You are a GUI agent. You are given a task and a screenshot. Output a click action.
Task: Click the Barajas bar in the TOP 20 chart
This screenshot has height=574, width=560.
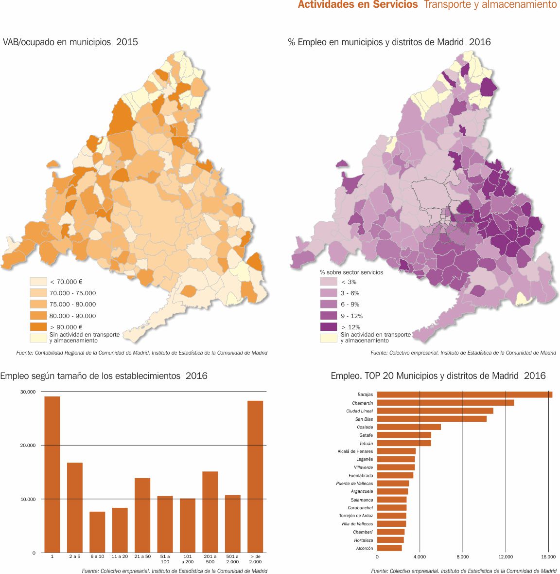[x=464, y=395]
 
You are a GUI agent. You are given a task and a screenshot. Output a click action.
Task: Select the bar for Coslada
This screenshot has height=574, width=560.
[x=409, y=427]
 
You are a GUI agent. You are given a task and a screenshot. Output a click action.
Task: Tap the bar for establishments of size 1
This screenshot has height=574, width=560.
[x=52, y=474]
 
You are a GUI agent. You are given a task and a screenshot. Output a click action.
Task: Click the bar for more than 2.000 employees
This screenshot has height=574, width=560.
[x=255, y=477]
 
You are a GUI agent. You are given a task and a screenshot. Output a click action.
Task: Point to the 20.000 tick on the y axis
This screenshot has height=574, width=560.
[x=28, y=446]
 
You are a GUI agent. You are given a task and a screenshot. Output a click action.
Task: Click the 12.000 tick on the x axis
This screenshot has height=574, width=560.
[x=506, y=557]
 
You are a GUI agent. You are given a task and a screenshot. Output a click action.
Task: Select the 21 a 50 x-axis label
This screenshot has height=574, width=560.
[x=142, y=556]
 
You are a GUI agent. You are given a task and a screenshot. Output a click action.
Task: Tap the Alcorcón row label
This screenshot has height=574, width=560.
[x=365, y=548]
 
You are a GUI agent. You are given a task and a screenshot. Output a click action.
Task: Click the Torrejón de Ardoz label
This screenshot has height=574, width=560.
[x=356, y=516]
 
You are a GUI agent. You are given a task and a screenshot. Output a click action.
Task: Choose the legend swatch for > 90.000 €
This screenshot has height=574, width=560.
[x=38, y=327]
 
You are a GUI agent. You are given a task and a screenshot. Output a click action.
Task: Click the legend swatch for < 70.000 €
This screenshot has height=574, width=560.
[x=38, y=282]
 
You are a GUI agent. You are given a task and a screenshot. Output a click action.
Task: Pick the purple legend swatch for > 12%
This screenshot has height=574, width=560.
[x=328, y=327]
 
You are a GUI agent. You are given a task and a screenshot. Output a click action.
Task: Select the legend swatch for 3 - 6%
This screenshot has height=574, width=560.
[x=328, y=293]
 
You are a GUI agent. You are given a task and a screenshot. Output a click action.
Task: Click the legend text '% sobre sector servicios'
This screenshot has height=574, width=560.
[x=351, y=272]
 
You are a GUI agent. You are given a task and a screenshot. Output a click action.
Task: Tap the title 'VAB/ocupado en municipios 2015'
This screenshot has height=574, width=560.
[x=70, y=42]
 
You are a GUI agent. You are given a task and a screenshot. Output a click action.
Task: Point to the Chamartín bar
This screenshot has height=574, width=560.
[x=445, y=403]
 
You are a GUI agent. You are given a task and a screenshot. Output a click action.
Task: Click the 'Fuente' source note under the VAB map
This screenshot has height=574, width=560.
[x=141, y=353]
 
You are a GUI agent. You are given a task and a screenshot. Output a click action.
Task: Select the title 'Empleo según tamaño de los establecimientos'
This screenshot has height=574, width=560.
[x=104, y=376]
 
